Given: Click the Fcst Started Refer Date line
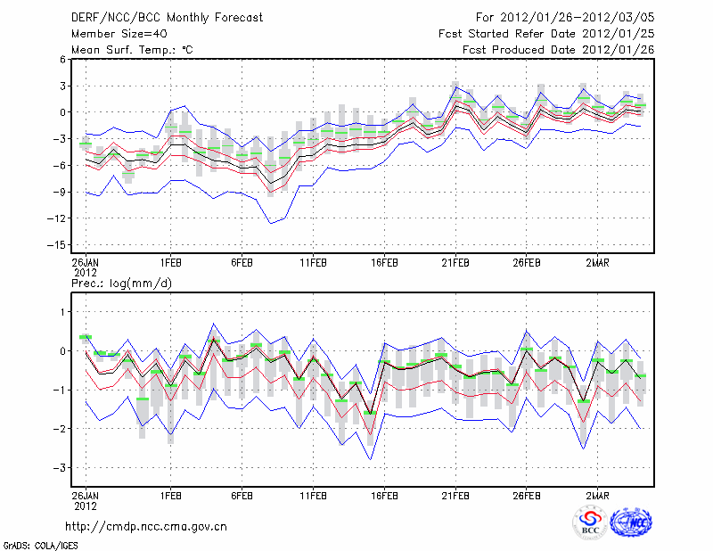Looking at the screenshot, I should click(x=546, y=34).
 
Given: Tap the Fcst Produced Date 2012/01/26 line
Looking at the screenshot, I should click(x=558, y=50).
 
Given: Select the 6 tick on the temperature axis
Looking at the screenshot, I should click(x=62, y=59).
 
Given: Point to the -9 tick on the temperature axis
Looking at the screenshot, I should click(x=59, y=192).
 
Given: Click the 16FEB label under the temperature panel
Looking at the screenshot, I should click(x=384, y=263).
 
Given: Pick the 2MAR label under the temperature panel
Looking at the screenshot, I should click(x=598, y=263).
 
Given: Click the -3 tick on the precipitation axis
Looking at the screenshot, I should click(x=60, y=468).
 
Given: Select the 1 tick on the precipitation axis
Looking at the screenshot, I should click(x=62, y=312).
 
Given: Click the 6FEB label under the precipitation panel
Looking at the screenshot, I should click(x=242, y=495).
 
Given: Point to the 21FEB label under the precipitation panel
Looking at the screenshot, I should click(x=455, y=495).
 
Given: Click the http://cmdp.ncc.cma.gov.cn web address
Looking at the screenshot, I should click(x=146, y=526).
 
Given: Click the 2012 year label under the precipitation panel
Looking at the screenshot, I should click(x=85, y=504).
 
